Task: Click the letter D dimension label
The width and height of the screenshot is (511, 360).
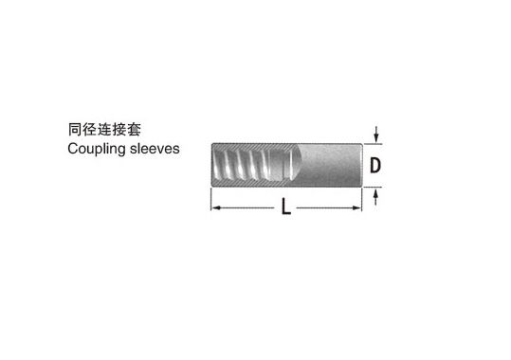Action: click(x=375, y=165)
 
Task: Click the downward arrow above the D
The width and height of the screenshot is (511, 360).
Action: click(x=376, y=135)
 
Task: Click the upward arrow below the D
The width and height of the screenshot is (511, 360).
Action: click(x=376, y=195)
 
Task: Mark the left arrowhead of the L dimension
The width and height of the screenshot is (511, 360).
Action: click(x=214, y=207)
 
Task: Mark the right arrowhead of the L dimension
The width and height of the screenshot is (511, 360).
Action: click(x=357, y=207)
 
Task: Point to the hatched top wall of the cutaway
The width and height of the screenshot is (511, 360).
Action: click(x=251, y=145)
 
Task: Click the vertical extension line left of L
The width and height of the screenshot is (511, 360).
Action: click(x=210, y=199)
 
